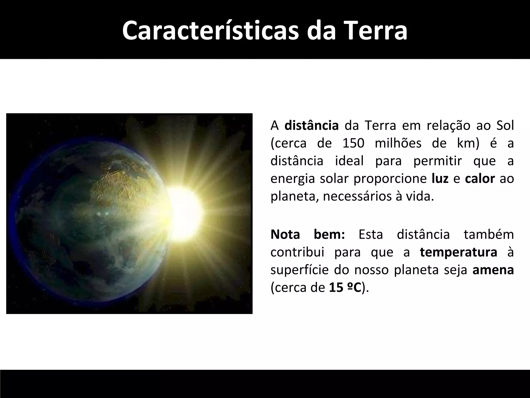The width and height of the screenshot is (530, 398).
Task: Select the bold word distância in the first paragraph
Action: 311,126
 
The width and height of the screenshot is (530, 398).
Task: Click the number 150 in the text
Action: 353,143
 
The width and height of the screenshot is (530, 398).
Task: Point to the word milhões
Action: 398,143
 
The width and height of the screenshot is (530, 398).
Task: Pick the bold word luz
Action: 440,179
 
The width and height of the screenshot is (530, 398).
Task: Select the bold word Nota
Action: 285,234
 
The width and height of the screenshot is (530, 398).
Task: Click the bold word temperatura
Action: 458,252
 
